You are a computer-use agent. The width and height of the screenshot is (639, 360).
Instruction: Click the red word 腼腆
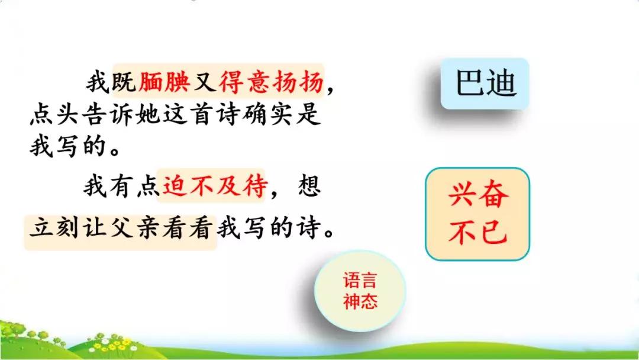tap(164, 82)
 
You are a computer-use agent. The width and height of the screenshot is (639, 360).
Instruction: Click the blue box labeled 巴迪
tap(485, 83)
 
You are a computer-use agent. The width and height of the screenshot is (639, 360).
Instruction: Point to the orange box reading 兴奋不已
tap(477, 214)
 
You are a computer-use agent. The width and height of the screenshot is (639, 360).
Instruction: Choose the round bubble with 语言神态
tap(360, 291)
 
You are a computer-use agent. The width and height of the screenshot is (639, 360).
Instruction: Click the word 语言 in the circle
tap(360, 281)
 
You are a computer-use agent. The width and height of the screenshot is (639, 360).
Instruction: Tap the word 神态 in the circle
tap(360, 301)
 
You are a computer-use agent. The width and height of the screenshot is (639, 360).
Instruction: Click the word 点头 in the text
tap(54, 115)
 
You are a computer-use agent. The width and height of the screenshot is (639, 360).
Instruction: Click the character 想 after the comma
tap(309, 186)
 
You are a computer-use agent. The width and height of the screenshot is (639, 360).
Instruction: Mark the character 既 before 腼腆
tap(124, 82)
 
